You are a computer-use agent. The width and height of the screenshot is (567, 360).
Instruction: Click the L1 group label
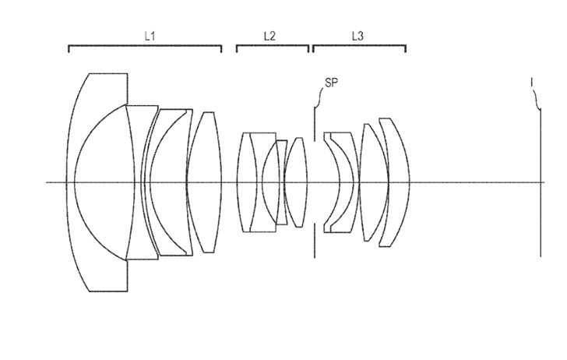151,35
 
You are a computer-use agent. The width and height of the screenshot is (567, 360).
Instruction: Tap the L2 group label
269,35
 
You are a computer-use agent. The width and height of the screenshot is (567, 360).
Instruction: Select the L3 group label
357,35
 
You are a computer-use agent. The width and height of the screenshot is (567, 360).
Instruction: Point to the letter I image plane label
532,80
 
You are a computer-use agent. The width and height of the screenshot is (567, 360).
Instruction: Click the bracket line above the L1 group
145,46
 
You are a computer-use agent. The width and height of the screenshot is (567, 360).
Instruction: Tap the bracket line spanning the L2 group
272,46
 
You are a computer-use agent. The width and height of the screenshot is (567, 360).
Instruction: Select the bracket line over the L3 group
359,46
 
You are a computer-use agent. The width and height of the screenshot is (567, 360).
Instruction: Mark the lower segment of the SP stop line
315,242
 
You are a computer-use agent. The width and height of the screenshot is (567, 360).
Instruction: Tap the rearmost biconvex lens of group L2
296,182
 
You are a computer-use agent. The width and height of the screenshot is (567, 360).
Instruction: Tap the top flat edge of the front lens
107,73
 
